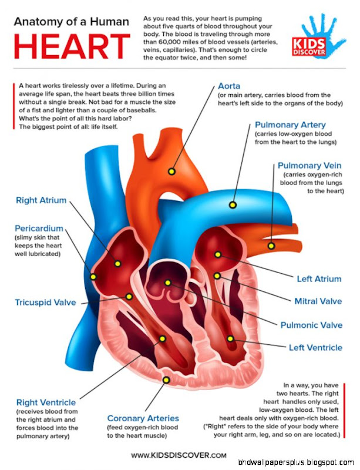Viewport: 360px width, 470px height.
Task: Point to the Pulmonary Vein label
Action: [x=308, y=166]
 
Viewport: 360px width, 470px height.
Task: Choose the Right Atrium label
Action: [x=41, y=200]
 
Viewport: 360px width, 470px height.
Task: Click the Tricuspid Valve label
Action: [x=45, y=303]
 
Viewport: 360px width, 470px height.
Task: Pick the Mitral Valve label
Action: [x=318, y=301]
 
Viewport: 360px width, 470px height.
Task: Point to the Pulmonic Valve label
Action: [x=311, y=325]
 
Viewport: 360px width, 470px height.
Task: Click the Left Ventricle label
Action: [x=315, y=347]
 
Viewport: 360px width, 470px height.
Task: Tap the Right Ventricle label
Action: [x=46, y=402]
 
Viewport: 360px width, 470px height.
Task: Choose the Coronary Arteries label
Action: [x=143, y=418]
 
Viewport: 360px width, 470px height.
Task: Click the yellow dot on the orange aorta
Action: [x=171, y=172]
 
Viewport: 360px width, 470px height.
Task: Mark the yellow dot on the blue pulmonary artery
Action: [x=233, y=205]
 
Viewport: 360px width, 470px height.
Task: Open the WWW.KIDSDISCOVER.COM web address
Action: [x=178, y=455]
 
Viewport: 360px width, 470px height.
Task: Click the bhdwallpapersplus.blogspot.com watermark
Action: [x=311, y=464]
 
